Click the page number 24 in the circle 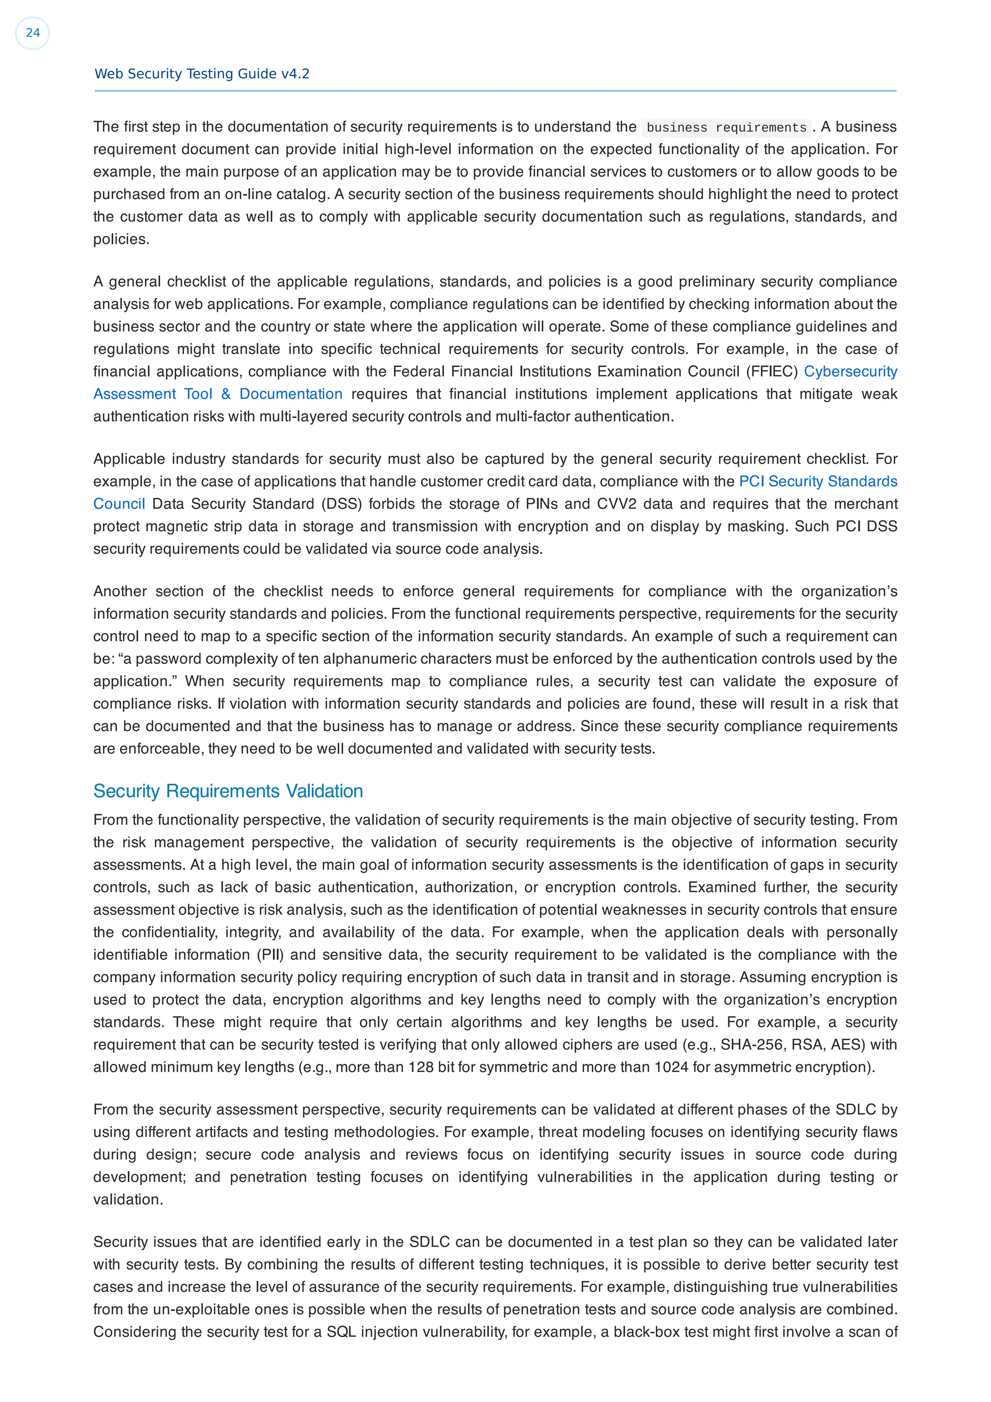click(32, 33)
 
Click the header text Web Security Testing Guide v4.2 click(201, 74)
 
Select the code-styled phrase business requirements click(726, 128)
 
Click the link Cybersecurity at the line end click(850, 371)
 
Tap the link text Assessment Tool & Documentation click(217, 394)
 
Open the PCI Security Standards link click(818, 481)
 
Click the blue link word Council click(119, 504)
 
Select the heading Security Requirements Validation click(228, 791)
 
